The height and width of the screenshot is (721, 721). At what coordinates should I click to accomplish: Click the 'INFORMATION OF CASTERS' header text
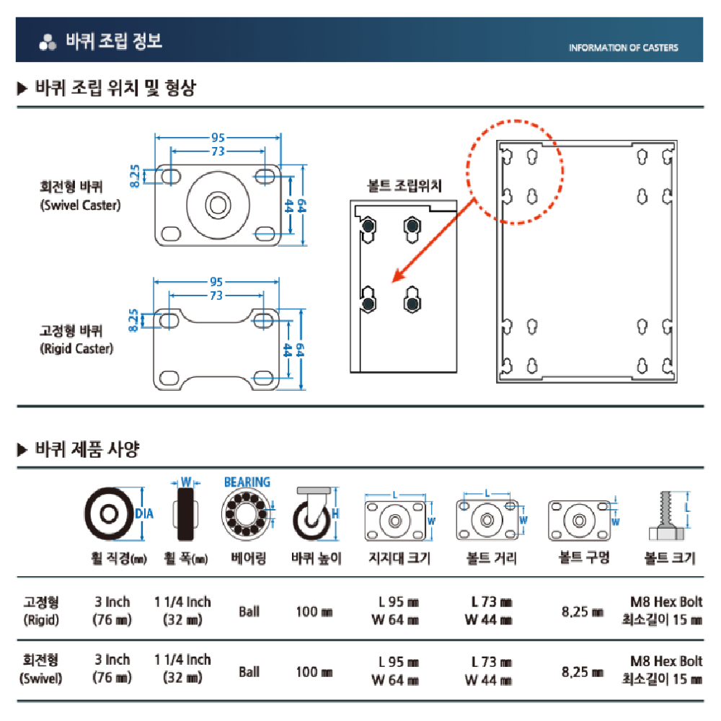click(x=623, y=48)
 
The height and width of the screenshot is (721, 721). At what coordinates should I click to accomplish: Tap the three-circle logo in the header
click(x=48, y=43)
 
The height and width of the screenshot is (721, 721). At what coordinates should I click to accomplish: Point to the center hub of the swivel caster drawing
click(x=216, y=205)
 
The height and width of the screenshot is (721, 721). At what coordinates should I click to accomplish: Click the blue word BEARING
click(x=247, y=482)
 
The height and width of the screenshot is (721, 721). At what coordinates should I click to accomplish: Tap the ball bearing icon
click(x=246, y=516)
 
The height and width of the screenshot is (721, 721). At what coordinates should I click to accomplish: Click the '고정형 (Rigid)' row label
click(x=41, y=610)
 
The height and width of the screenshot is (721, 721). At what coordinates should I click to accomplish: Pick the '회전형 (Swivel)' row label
click(x=41, y=668)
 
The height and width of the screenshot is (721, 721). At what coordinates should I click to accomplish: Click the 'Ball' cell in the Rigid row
click(x=249, y=611)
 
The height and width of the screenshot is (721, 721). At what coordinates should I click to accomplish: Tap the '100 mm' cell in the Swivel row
click(x=314, y=671)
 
